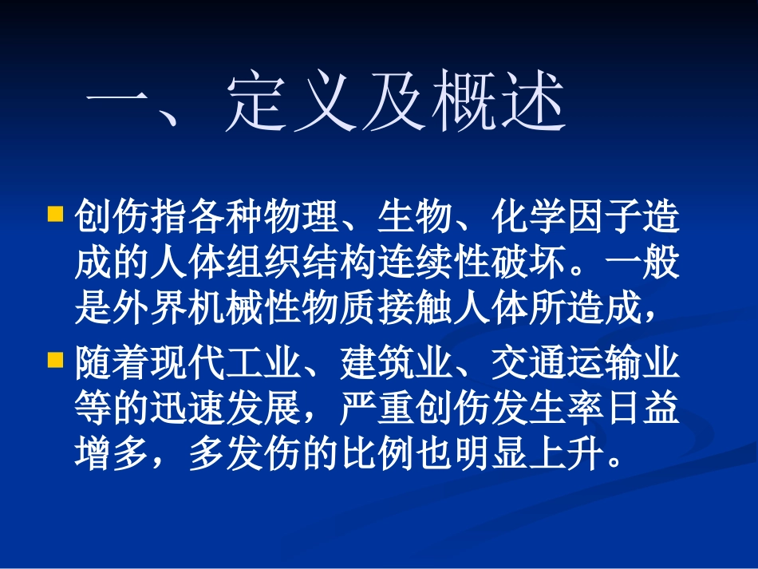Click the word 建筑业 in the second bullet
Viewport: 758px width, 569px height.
tap(397, 364)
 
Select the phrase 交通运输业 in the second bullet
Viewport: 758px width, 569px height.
tap(586, 364)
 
